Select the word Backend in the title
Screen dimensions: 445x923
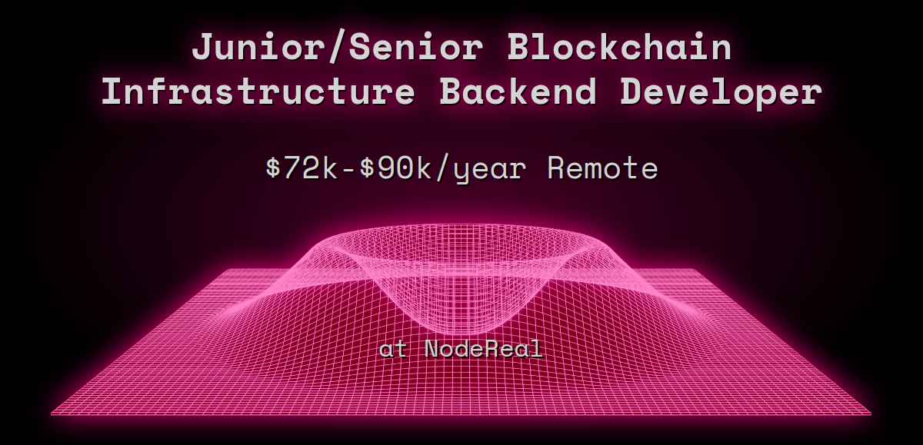click(518, 92)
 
